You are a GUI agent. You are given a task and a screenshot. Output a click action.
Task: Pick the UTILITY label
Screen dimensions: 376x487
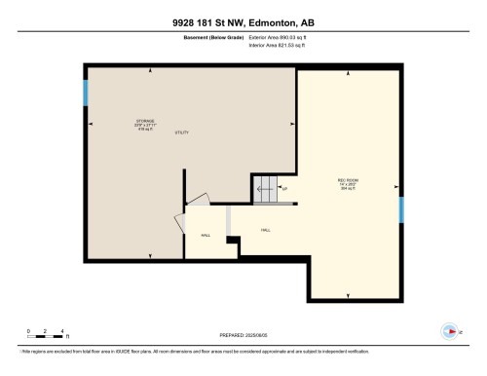click(x=181, y=132)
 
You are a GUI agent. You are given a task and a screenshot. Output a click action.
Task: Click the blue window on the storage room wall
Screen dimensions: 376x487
click(x=86, y=93)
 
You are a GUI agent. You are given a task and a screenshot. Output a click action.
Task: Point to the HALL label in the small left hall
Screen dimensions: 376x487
click(x=206, y=236)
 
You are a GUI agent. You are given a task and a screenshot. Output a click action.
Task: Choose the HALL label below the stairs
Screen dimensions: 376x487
click(x=265, y=230)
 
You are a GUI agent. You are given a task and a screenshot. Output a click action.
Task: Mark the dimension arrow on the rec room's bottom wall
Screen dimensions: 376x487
click(x=348, y=296)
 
